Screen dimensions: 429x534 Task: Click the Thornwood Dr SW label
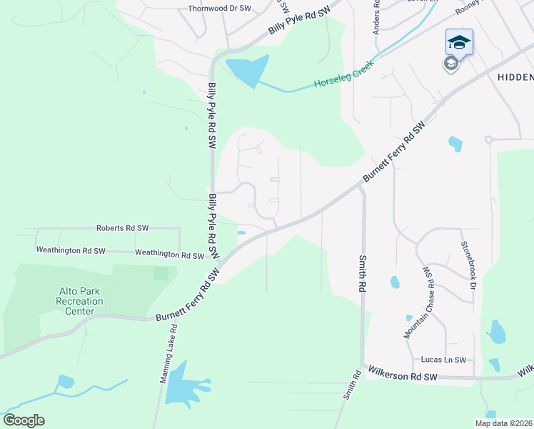[x=219, y=9]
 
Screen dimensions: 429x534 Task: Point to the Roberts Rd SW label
[x=122, y=227]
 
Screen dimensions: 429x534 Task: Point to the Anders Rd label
[x=376, y=18]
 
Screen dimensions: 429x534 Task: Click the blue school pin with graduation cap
[x=459, y=42]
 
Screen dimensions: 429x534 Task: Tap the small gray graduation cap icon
[x=450, y=64]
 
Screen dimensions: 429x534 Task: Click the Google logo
[x=24, y=420]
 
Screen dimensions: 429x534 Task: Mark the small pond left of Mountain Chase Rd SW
[x=395, y=282]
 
